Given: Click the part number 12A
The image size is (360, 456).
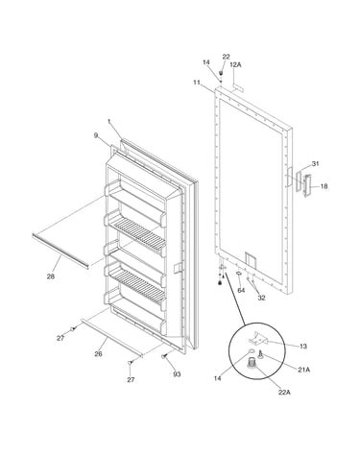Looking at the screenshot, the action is pos(235,65).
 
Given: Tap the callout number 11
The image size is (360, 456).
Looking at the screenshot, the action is pos(197,83).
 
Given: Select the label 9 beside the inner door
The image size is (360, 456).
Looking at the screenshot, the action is pos(96,135).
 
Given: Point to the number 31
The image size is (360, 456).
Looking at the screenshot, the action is pos(316,164).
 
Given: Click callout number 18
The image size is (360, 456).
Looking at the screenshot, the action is pos(324,186).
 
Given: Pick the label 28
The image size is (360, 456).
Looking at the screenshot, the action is pos(51,276).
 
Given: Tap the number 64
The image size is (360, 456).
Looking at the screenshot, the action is pos(241,290).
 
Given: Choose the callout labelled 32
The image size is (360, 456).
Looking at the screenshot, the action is pos(262,298).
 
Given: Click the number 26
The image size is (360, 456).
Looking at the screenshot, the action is pos(98,354).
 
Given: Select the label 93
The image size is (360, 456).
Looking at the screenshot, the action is pos(177,374).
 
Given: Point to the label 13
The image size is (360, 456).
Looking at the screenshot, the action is pos(303,347).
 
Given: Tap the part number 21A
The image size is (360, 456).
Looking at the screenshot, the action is pos(304,370).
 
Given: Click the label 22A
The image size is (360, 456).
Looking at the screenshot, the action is pos(284,392).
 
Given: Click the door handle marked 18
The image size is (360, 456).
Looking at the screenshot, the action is pos(307,185).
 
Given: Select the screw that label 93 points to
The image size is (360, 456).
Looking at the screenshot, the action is pos(165,356).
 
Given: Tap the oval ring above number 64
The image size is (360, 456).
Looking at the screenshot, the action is pos(239,273).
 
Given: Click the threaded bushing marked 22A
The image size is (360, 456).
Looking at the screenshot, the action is pos(252,363).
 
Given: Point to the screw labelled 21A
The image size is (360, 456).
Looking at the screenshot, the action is pos(260,354).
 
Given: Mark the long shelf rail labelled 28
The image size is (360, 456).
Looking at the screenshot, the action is pos(60,252).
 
